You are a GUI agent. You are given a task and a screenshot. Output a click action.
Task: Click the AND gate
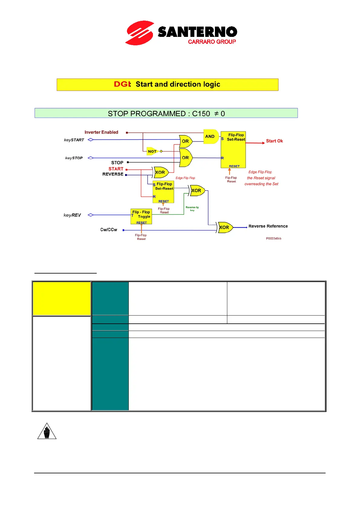[x=211, y=137]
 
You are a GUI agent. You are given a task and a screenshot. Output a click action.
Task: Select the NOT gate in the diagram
[x=152, y=151]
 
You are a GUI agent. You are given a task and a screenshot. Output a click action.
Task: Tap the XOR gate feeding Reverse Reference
[x=225, y=228]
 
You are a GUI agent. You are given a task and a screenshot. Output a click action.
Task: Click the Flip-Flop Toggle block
[x=141, y=216]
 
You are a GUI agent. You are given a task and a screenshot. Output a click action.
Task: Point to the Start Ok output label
[x=274, y=141]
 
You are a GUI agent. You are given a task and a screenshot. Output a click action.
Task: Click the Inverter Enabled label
[x=101, y=132]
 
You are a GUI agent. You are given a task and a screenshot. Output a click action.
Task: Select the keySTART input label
[x=74, y=140]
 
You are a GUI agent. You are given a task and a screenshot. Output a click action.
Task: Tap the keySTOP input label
[x=74, y=158]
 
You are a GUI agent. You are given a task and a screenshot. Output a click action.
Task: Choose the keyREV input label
[x=72, y=215]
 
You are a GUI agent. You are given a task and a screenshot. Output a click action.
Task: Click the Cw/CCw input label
[x=109, y=230]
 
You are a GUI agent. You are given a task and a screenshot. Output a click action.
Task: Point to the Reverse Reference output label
[x=268, y=226]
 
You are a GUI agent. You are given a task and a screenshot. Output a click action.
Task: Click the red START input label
[x=116, y=169]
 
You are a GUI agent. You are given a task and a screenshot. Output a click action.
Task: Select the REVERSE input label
[x=113, y=174]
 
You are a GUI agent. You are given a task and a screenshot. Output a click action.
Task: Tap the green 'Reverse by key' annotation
[x=192, y=209]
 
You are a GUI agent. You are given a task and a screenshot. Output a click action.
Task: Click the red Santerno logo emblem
[x=140, y=33]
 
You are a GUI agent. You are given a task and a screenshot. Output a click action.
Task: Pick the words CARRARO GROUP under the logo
[x=212, y=42]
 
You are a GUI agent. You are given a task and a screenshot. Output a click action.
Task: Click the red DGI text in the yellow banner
[x=122, y=84]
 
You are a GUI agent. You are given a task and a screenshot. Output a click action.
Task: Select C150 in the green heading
[x=201, y=114]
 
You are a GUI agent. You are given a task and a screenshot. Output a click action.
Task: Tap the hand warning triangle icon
[x=47, y=431]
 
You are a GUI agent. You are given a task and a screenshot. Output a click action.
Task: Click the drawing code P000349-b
[x=274, y=239]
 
